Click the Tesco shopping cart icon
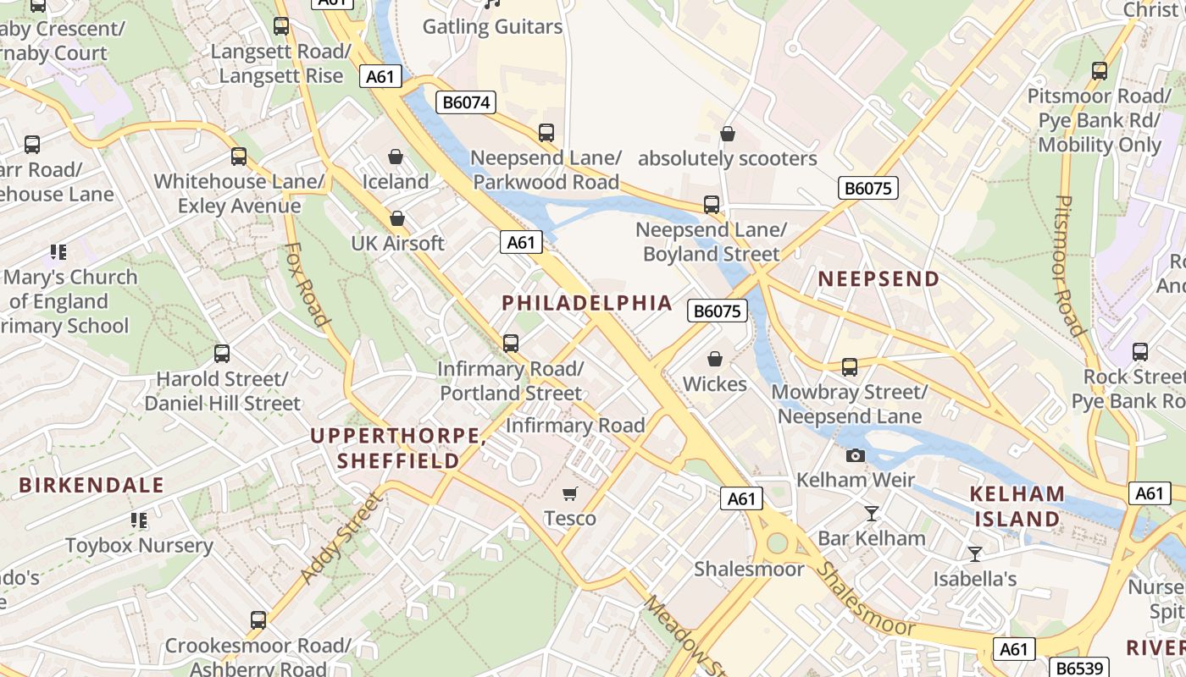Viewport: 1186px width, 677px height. coord(570,493)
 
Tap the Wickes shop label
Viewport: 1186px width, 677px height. coord(715,384)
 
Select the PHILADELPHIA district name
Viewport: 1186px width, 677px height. coord(587,303)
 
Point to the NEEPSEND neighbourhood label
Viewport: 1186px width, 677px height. coord(878,279)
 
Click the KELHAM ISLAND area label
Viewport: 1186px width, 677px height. coord(1017,506)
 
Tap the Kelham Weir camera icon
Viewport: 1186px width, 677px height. coord(856,456)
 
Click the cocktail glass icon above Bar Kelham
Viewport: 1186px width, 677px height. coord(871,514)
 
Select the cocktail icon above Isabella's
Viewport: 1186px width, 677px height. coord(975,554)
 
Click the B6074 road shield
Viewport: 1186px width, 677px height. coord(466,103)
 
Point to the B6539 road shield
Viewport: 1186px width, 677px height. coord(1078,668)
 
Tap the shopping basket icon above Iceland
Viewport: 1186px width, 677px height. coord(395,157)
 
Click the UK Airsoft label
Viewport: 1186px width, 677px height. coord(397,244)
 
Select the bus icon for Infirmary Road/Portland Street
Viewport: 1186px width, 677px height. coord(510,344)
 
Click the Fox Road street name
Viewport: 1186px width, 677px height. coord(306,285)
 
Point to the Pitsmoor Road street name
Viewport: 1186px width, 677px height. coord(1069,266)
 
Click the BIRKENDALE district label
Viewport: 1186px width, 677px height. coord(91,486)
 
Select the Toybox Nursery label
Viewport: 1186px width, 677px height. coord(139,546)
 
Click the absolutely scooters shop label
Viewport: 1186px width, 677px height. coord(727,159)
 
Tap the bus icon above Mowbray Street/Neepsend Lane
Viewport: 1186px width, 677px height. coord(849,367)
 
